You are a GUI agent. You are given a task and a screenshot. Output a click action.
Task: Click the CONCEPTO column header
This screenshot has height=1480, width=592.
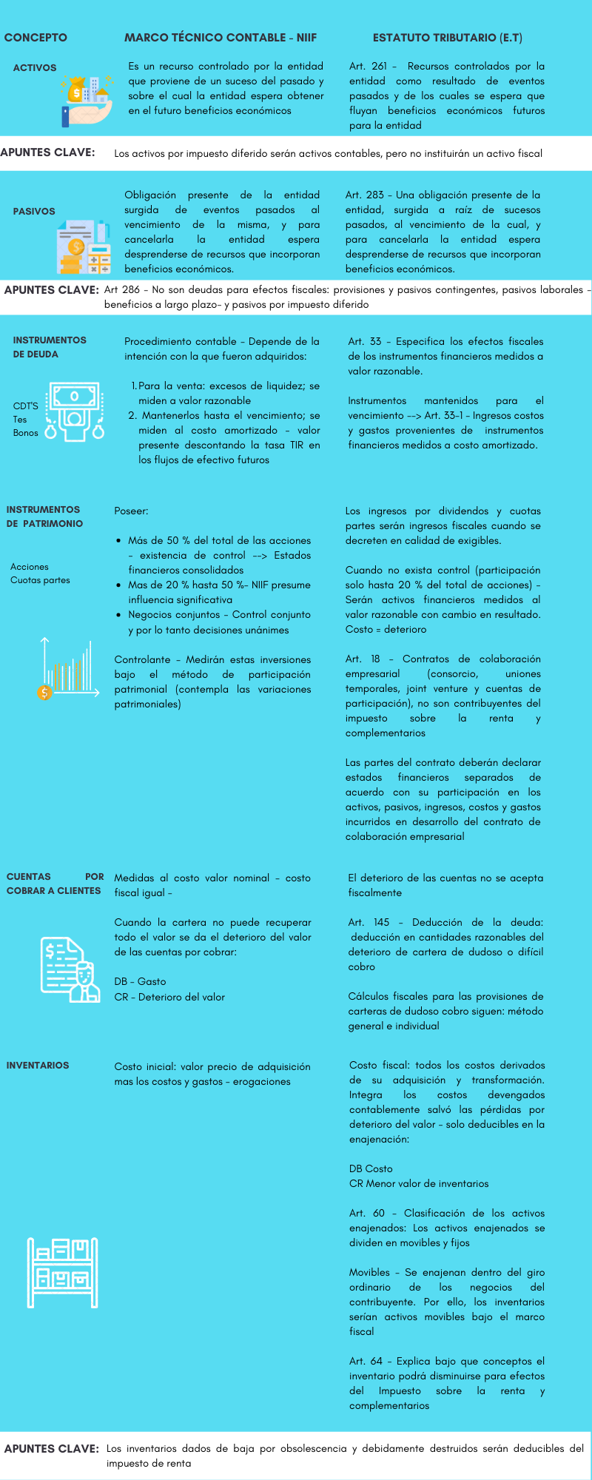(36, 38)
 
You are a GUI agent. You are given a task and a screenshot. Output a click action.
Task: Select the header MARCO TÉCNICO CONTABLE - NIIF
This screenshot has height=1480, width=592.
(221, 38)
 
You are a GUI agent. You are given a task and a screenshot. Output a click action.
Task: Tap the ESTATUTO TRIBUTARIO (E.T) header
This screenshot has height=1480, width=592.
(447, 38)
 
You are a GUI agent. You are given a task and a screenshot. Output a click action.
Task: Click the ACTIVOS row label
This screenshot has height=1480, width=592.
(35, 68)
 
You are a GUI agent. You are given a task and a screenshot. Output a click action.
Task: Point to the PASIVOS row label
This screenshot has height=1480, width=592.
(34, 212)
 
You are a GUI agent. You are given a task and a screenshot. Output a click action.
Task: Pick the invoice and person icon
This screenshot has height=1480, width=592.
(70, 969)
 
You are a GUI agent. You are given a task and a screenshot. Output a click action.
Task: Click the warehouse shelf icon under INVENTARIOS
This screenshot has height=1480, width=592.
(63, 1273)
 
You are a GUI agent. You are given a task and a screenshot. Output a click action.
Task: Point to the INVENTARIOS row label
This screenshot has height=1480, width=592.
(38, 1066)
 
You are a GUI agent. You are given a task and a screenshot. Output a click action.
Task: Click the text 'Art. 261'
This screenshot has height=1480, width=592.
(368, 67)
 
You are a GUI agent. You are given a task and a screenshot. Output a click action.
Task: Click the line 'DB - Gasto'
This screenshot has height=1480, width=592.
(140, 982)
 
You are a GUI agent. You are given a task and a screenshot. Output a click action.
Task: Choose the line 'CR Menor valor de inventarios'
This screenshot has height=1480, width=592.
(419, 1184)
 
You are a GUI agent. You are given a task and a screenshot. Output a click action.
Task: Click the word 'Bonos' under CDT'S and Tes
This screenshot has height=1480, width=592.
(26, 433)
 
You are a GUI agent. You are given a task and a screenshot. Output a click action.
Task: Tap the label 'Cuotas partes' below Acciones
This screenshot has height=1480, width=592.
(40, 580)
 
